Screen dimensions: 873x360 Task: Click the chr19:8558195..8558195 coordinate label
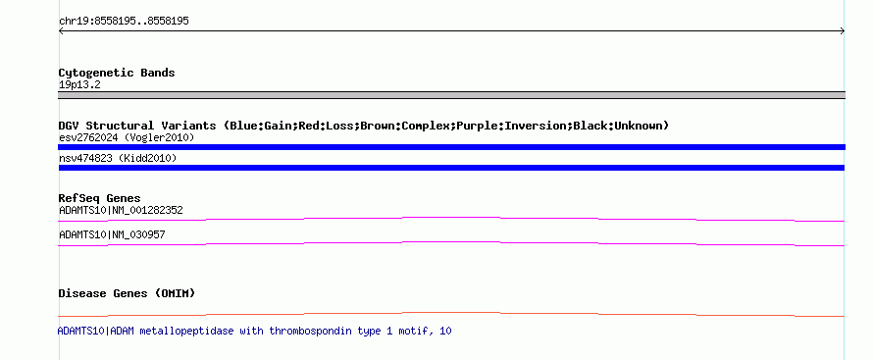[124, 22]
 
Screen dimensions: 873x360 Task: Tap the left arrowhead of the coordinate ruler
[61, 31]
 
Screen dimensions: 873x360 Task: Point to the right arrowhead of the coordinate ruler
[843, 31]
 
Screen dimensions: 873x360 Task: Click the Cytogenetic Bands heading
[117, 73]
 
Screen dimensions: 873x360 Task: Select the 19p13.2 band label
[79, 85]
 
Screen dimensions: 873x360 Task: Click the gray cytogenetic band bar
[451, 95]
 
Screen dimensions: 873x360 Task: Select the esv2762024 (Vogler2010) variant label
[127, 137]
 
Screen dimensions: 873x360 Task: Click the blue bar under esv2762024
[451, 147]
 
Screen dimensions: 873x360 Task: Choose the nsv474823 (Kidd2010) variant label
[118, 159]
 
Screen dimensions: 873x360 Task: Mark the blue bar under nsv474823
[451, 168]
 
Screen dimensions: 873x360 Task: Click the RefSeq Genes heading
[99, 198]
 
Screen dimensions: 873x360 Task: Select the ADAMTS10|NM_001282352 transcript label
[121, 210]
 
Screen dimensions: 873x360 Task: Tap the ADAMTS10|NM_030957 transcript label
[112, 234]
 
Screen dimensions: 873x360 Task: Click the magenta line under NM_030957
[451, 242]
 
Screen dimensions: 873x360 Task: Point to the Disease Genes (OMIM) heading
[127, 293]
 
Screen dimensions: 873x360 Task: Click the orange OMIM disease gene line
[451, 313]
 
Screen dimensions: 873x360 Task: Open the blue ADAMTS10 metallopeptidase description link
[254, 332]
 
